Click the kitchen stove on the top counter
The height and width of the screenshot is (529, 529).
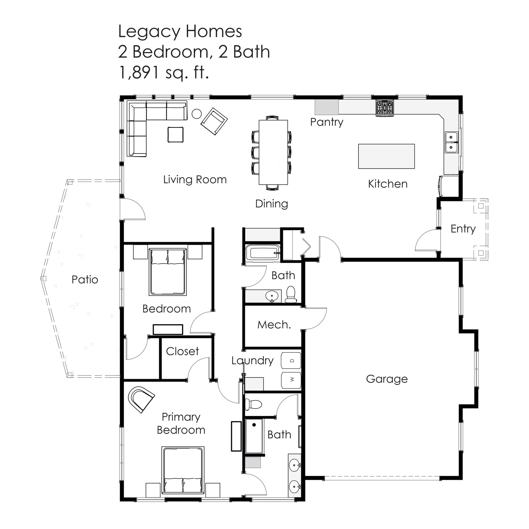(385, 108)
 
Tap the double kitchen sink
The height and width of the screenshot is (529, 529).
(452, 142)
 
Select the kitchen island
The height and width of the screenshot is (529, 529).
(386, 156)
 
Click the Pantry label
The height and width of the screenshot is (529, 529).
(327, 122)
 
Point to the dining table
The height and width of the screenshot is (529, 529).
(273, 152)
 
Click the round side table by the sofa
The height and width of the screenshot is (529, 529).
(196, 114)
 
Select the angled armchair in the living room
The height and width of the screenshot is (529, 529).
(214, 121)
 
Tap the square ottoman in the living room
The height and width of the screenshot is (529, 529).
(176, 134)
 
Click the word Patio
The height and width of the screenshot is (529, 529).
(85, 280)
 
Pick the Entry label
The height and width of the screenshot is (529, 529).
(463, 229)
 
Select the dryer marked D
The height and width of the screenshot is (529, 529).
(291, 360)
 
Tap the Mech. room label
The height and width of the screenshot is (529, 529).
(274, 325)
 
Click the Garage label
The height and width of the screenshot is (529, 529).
(387, 379)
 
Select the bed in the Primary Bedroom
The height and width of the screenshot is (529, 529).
(183, 470)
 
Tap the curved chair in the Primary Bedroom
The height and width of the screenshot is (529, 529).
(141, 399)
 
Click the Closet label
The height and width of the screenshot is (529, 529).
(182, 351)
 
